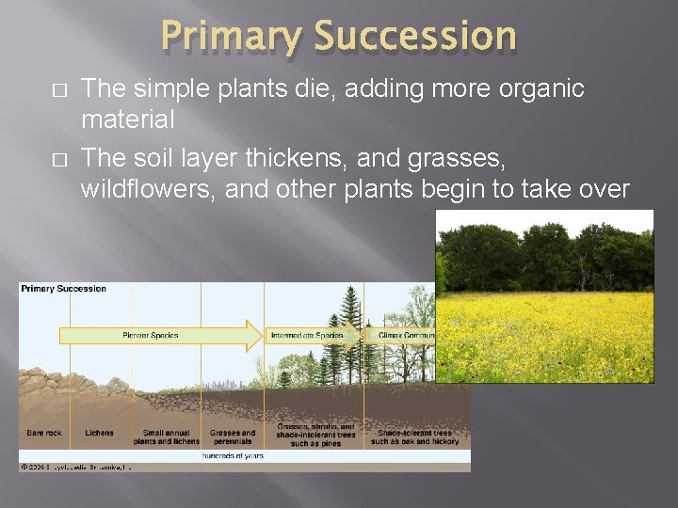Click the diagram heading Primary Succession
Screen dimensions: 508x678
63,289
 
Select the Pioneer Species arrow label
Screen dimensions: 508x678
151,335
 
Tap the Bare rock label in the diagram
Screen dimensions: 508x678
43,434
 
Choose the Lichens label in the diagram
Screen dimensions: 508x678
98,434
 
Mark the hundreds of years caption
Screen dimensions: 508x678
233,455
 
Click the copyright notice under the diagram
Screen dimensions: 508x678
75,466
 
